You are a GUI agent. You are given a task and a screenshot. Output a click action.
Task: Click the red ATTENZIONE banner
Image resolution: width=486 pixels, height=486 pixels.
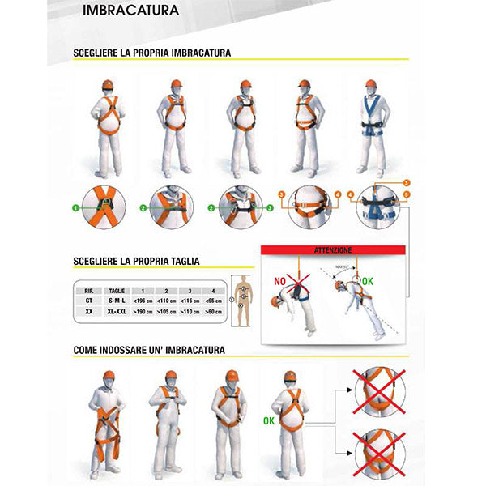332,251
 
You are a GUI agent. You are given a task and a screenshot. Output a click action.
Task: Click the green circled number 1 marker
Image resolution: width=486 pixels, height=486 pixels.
75,207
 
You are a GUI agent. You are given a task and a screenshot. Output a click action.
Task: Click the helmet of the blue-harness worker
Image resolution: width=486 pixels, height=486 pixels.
371,84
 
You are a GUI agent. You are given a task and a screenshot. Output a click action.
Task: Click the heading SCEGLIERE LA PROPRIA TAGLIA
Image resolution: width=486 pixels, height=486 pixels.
136,262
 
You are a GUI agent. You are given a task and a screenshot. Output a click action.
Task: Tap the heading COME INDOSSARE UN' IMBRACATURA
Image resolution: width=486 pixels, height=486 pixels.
149,350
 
